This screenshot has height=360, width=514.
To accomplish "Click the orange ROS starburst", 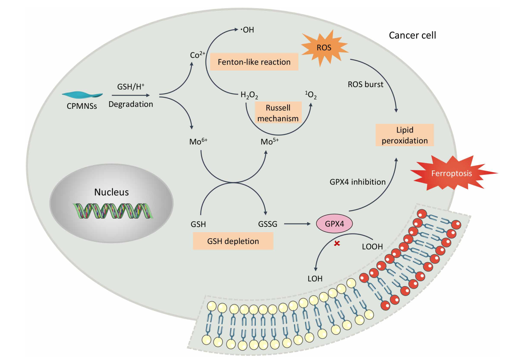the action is click(324, 48).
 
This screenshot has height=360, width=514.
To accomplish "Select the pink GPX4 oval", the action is click(334, 224).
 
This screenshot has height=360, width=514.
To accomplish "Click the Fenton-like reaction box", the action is click(254, 62).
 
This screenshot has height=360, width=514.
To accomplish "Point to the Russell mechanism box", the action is click(278, 113).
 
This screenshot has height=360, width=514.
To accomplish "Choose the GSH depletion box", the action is click(233, 241).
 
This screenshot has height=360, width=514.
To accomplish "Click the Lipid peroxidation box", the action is click(405, 135).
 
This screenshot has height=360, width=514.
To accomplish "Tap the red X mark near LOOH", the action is click(337, 243).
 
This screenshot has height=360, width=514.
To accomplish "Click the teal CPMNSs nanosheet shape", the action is click(82, 94).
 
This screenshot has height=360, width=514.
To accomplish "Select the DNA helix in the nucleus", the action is click(113, 211).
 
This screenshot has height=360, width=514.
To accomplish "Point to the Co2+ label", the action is click(197, 55).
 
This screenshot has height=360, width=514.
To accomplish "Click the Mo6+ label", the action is click(198, 141).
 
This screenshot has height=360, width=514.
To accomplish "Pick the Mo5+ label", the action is click(270, 141).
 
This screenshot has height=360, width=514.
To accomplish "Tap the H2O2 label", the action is click(249, 95).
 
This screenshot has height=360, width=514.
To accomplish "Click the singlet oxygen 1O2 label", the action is click(311, 95).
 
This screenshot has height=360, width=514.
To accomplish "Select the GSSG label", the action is click(268, 224).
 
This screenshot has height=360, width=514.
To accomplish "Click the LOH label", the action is click(315, 279).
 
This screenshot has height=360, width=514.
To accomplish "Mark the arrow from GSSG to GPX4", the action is click(297, 224).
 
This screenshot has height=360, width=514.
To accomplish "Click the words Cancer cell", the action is click(412, 35).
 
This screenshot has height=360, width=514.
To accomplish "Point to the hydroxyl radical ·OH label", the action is click(247, 30).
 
